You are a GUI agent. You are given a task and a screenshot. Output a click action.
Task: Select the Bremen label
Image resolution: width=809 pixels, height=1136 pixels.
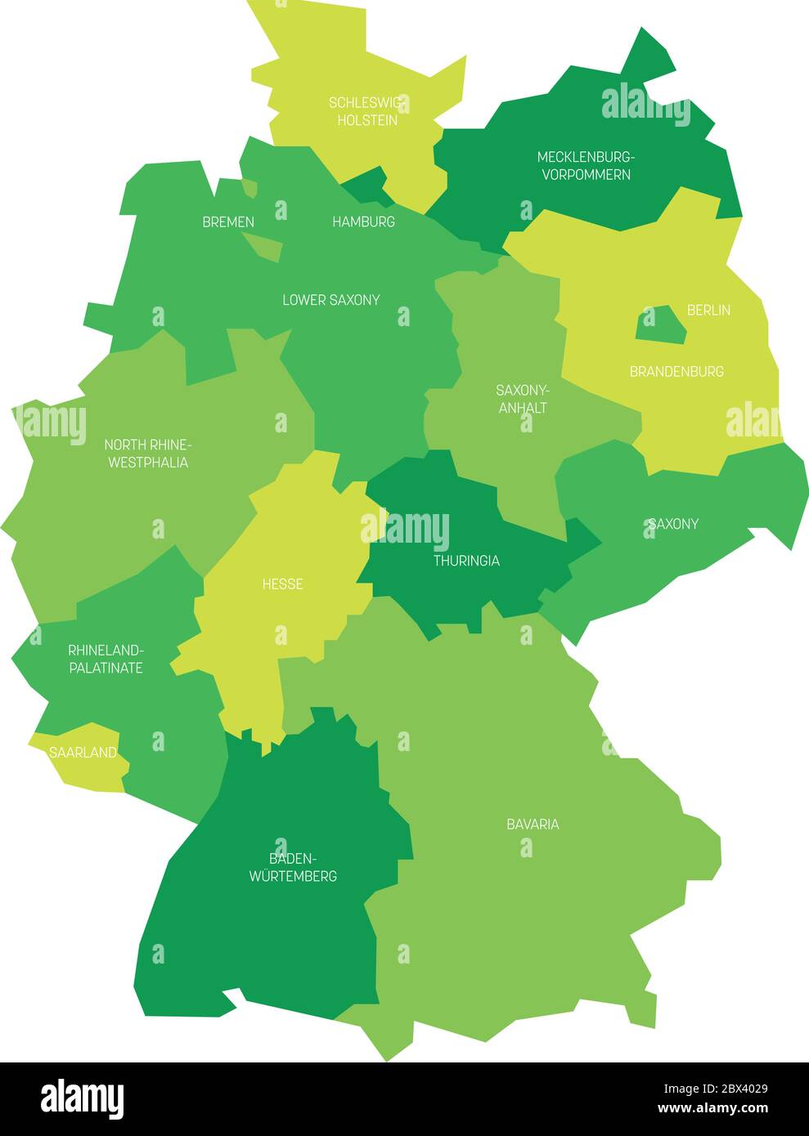(228, 221)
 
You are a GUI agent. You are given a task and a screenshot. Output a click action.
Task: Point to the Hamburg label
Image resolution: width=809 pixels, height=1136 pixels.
(363, 221)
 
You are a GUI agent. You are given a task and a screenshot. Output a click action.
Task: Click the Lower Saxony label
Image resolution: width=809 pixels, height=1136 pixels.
(331, 300)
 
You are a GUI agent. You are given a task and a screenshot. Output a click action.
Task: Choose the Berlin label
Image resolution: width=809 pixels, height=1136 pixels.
(708, 310)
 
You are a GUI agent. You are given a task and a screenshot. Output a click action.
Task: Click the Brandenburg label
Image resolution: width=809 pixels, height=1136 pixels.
(676, 371)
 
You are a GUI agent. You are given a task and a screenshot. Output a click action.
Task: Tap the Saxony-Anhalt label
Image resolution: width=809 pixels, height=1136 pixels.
(523, 399)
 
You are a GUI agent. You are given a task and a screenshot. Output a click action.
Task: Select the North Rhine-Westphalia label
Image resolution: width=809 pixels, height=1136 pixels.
(147, 454)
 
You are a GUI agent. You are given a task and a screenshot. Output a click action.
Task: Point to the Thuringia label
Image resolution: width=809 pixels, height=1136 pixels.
(466, 561)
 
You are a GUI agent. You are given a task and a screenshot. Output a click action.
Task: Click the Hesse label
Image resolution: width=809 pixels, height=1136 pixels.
(282, 584)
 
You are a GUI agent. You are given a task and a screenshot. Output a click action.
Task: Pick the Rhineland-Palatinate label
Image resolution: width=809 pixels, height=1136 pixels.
(106, 659)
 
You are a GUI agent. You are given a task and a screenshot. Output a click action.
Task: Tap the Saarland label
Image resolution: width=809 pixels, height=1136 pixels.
(83, 753)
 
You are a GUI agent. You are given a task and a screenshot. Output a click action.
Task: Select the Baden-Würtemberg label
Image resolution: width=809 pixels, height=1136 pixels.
(292, 867)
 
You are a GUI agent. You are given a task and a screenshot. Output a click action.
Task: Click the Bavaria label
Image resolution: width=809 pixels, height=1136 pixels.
(533, 824)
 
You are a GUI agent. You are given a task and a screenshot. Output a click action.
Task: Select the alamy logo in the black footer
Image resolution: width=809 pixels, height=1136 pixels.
(83, 1098)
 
